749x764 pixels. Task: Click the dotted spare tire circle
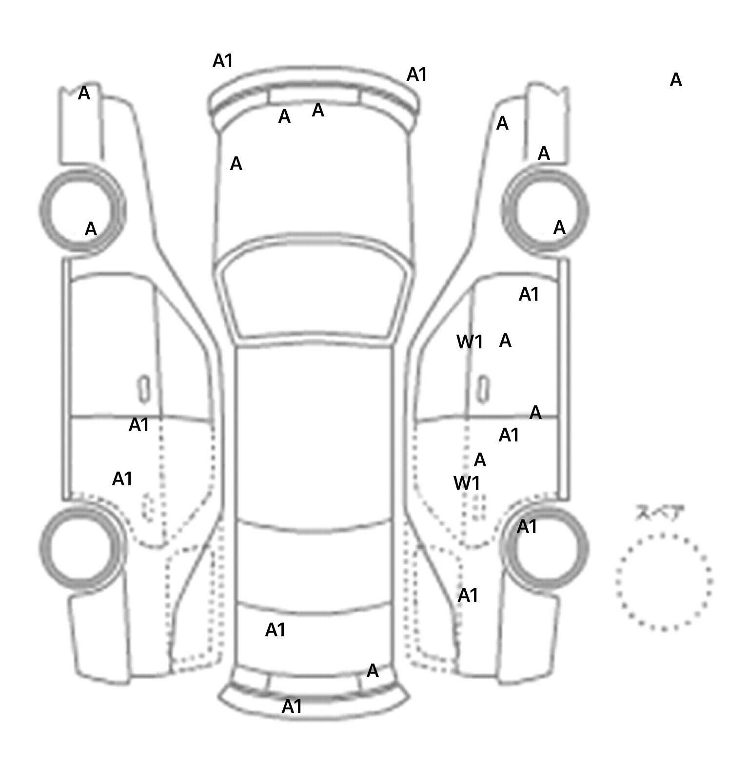664,582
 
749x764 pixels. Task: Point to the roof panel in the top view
315,434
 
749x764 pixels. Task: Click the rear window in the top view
315,568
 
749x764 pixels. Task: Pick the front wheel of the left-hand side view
82,210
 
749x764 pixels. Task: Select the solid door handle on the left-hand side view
144,389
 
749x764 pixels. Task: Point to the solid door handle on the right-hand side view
484,389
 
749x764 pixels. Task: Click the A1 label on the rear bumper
292,706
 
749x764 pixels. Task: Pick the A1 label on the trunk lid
275,630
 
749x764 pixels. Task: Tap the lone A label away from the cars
675,80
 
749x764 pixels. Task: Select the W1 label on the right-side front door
470,342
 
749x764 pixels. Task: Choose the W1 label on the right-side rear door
467,483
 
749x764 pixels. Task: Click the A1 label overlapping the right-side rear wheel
527,527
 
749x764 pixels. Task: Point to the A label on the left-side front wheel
91,229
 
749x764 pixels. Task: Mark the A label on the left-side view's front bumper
84,93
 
